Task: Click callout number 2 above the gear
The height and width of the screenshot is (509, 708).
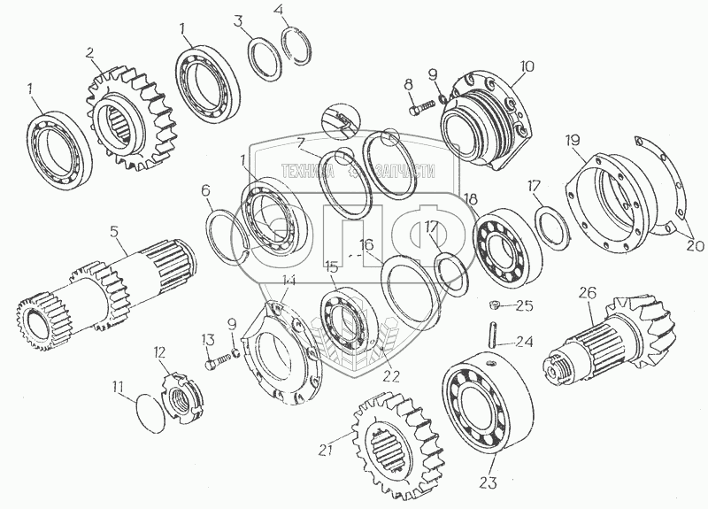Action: click(x=90, y=52)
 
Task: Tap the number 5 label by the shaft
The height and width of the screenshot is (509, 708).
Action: click(x=114, y=234)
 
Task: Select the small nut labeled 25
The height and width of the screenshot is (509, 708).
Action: click(x=496, y=306)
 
